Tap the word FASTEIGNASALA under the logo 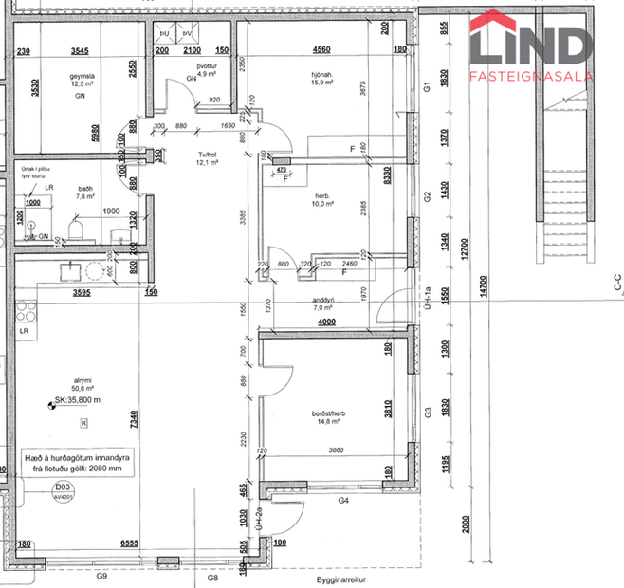point(532,75)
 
